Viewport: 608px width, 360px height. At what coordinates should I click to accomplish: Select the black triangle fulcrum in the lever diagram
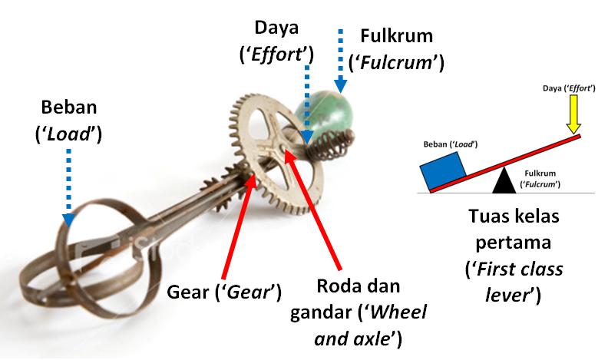(x=503, y=180)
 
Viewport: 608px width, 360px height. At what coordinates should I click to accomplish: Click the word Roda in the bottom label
(x=337, y=286)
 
